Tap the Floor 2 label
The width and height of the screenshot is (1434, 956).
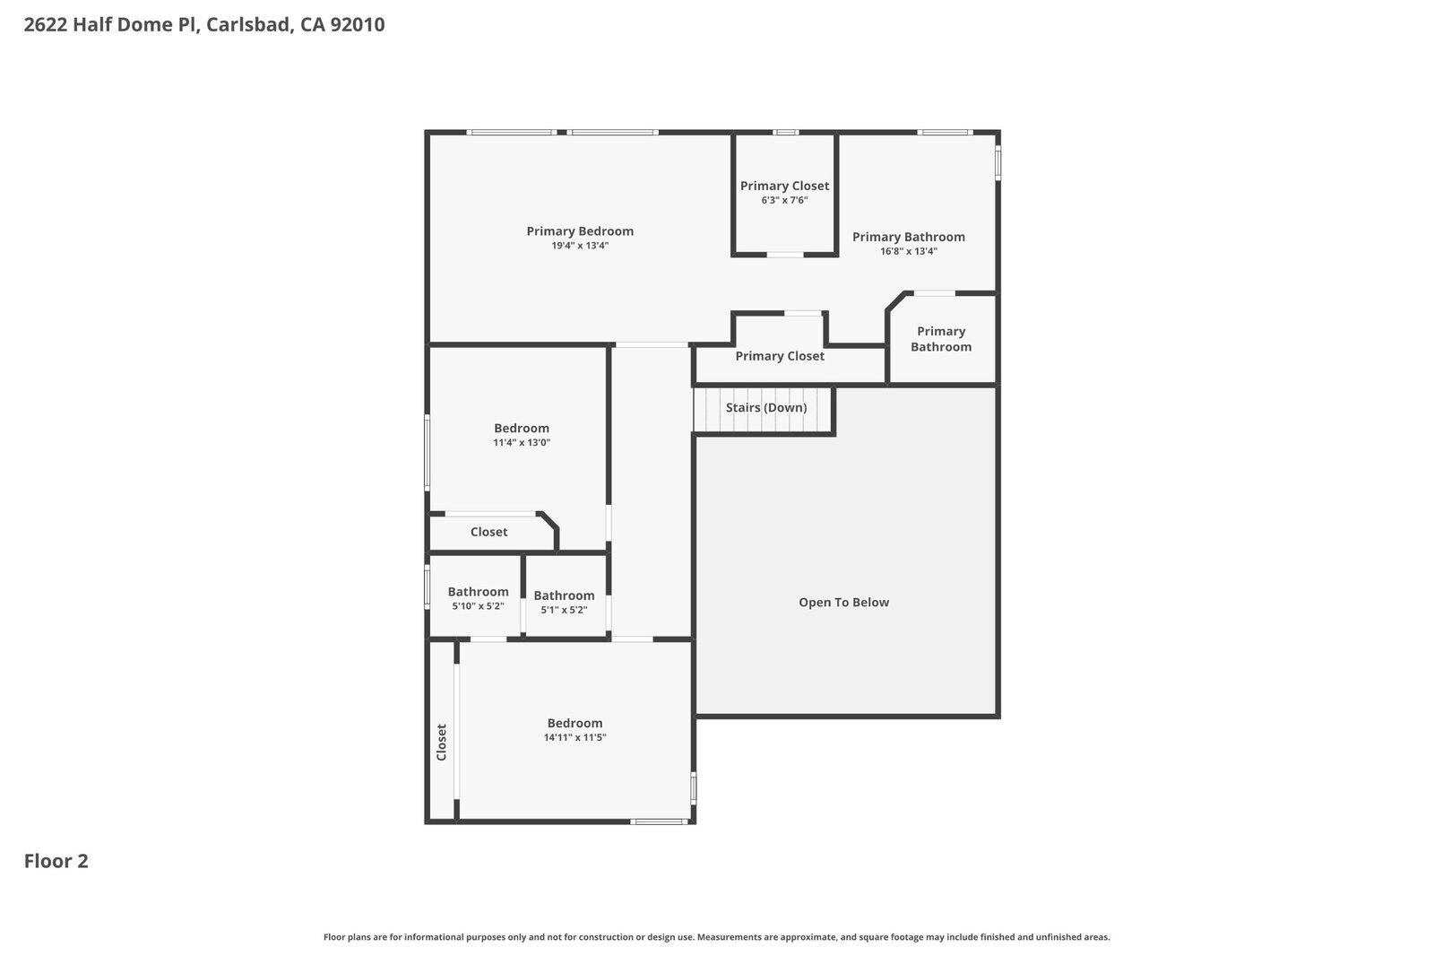point(56,861)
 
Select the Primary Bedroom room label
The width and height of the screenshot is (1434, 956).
point(580,231)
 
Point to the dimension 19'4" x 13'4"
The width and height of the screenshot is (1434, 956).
point(580,246)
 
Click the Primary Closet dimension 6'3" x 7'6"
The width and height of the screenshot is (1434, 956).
point(784,200)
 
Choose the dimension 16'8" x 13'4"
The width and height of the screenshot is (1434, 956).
point(909,251)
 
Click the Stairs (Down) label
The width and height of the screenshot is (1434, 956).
point(765,407)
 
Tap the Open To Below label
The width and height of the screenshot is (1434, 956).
point(843,603)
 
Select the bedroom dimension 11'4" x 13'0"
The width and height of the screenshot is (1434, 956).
point(522,442)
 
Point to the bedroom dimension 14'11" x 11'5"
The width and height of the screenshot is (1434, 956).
point(574,737)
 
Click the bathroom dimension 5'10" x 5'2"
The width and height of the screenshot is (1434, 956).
point(479,605)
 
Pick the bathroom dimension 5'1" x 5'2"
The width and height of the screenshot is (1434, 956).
point(564,609)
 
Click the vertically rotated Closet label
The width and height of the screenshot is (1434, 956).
point(441,742)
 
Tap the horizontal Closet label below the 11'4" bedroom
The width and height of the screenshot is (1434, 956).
point(488,532)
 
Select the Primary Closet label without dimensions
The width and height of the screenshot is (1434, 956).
point(780,356)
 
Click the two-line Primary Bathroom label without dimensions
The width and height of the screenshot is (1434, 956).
point(941,339)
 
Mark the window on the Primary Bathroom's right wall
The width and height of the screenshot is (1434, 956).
point(998,162)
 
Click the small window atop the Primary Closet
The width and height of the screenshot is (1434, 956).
point(785,133)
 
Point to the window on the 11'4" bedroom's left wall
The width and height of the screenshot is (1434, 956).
point(427,452)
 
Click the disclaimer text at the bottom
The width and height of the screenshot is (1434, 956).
point(716,937)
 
